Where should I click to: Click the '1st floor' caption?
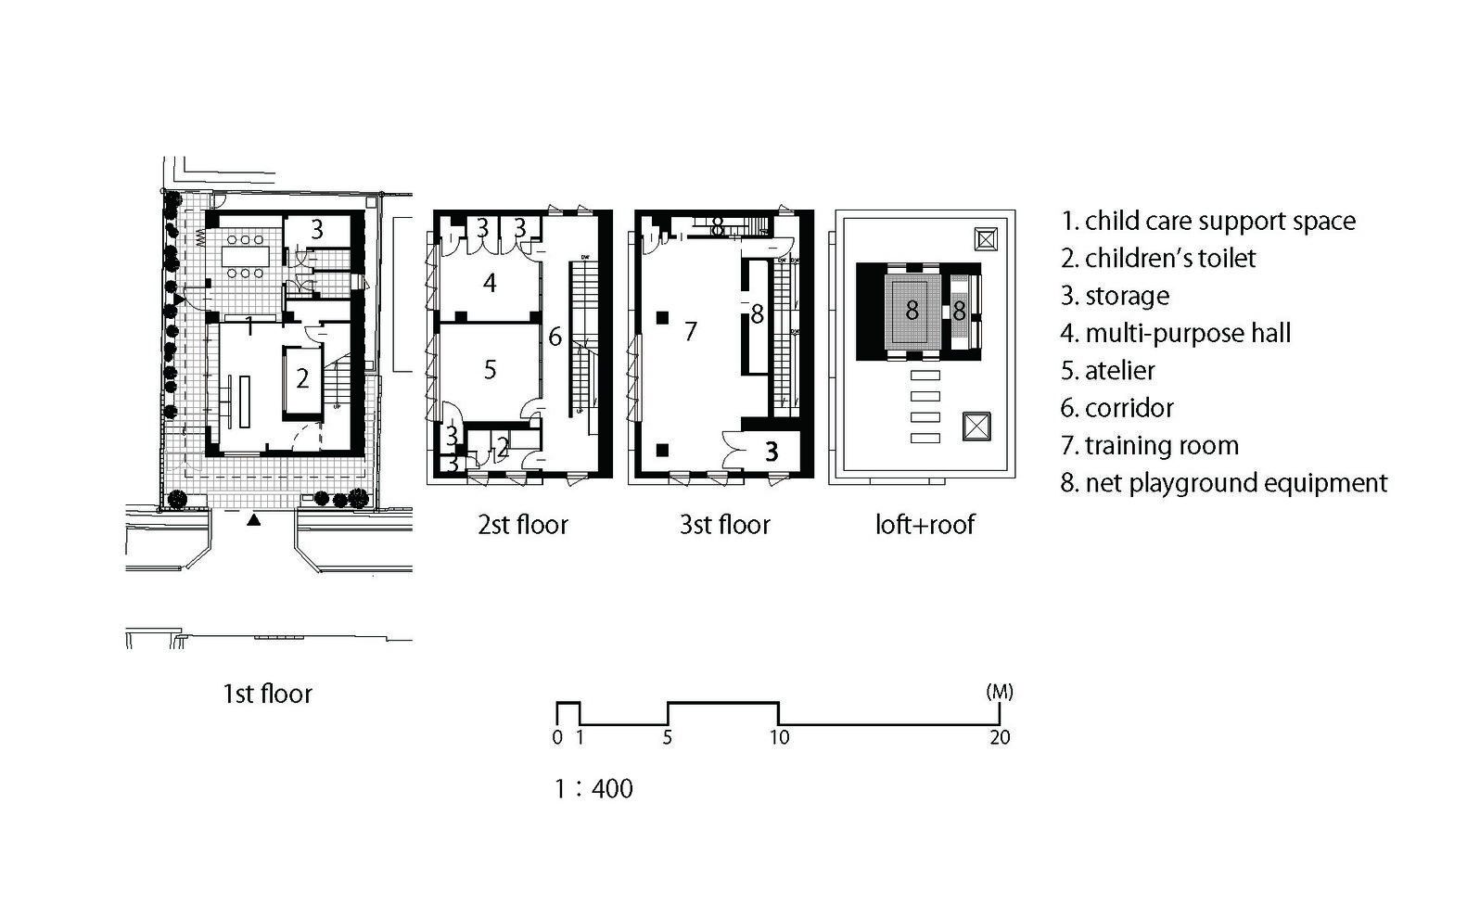click(267, 694)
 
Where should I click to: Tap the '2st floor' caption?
click(523, 525)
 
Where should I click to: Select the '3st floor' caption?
click(724, 525)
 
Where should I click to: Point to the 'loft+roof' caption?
click(925, 525)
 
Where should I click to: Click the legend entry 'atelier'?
click(1107, 371)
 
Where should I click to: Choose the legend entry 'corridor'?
click(1116, 408)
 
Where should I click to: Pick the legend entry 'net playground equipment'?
click(1223, 483)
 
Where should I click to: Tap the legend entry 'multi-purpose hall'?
click(1176, 333)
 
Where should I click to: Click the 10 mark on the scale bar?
click(779, 737)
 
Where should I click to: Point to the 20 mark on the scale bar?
click(1000, 737)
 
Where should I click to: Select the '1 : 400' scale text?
click(593, 788)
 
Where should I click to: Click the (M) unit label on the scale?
click(1000, 692)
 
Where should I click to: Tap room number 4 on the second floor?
click(490, 283)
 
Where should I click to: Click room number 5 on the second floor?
click(490, 370)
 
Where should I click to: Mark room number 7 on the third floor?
click(690, 331)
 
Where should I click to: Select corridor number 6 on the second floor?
click(555, 337)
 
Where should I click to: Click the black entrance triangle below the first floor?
click(253, 520)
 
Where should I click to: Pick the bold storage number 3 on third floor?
click(772, 452)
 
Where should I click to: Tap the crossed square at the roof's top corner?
click(986, 239)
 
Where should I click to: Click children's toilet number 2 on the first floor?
click(302, 377)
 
